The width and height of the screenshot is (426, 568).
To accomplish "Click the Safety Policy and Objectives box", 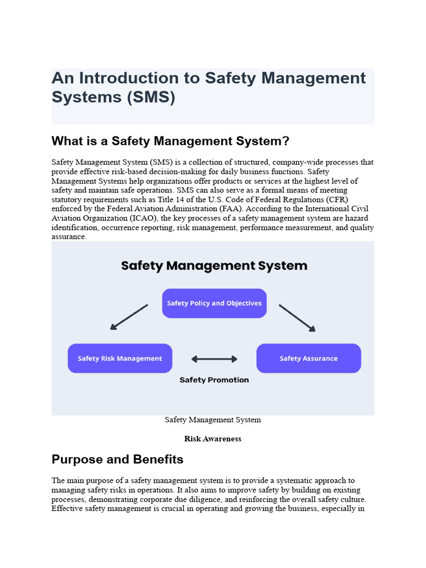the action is (x=214, y=303).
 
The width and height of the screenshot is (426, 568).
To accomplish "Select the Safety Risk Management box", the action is (x=120, y=358).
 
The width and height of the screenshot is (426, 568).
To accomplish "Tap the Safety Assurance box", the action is (x=308, y=358).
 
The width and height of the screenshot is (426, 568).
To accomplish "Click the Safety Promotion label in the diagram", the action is (x=214, y=380).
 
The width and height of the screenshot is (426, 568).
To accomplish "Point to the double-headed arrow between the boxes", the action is (x=214, y=359).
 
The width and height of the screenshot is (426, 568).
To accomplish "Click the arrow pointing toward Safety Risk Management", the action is (x=129, y=317).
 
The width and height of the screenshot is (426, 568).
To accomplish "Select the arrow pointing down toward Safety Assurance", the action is (x=297, y=318).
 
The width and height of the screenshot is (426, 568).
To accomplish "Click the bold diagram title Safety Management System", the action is (x=214, y=266).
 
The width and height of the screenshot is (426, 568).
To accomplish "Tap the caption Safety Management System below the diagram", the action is (x=212, y=420).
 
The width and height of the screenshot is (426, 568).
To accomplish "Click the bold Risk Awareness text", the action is (x=212, y=439).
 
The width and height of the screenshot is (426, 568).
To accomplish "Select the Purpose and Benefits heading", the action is (x=118, y=459).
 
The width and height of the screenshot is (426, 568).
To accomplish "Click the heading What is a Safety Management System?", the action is (x=170, y=141).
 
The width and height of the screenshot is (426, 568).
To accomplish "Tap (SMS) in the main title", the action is (x=151, y=97).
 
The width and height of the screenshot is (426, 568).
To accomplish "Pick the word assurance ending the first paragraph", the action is (x=69, y=237).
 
